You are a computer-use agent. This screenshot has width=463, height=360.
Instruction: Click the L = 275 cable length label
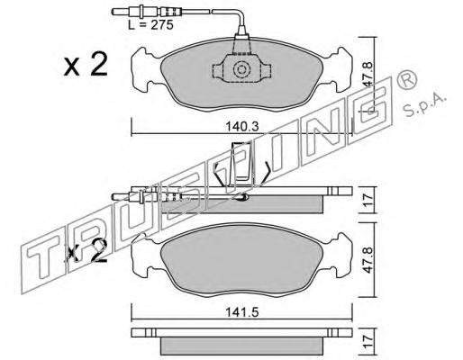pos(150,25)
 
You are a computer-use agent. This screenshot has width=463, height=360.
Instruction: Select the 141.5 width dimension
pos(242,313)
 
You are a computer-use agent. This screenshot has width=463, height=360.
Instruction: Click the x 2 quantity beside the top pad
pos(86,65)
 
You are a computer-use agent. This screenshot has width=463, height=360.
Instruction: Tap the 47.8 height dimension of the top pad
pos(368,75)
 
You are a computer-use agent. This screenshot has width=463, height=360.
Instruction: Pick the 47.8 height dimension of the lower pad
pos(368,260)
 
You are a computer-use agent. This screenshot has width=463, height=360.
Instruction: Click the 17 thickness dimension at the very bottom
pos(368,341)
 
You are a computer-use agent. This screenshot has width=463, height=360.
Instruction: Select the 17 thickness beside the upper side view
pos(368,200)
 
